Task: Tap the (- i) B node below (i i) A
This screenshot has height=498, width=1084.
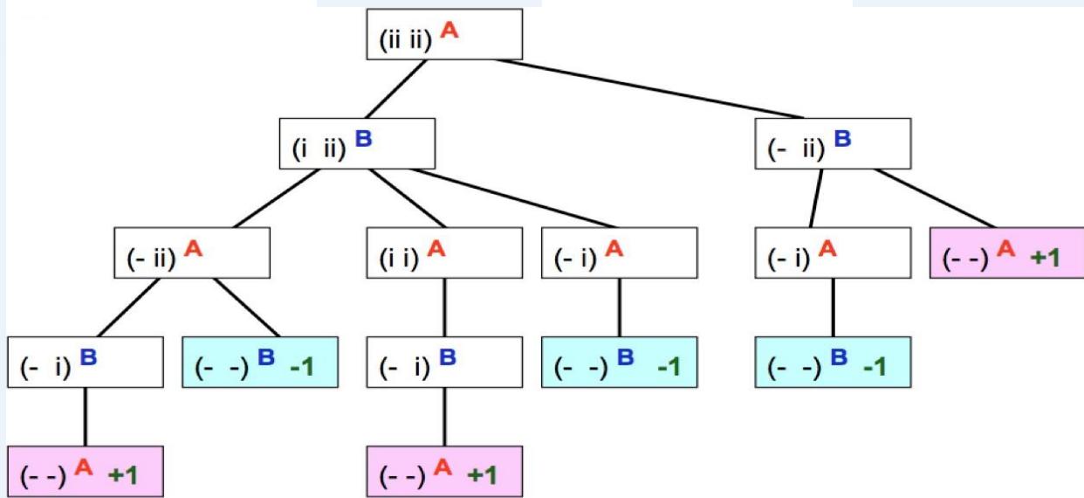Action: [444, 363]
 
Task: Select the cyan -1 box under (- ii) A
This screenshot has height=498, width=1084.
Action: [260, 363]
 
